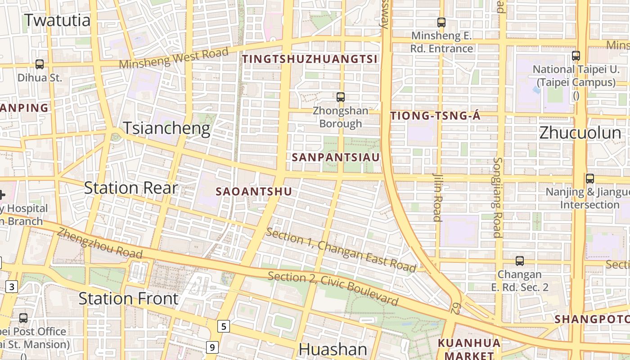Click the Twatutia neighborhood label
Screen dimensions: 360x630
point(57,20)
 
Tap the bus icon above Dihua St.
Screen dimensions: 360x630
point(40,64)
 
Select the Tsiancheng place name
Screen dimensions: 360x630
point(166,128)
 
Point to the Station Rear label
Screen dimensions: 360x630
point(131,188)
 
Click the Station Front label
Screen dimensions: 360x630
point(129,298)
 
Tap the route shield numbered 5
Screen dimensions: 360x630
point(223,326)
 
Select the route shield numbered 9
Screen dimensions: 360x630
point(212,347)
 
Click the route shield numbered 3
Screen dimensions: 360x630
point(12,287)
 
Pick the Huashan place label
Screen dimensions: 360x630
point(333,350)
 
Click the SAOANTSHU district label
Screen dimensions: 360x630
point(254,192)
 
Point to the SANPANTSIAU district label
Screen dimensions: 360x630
point(336,157)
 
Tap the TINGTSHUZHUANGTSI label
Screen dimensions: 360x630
point(310,59)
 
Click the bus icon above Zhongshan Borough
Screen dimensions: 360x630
point(341,97)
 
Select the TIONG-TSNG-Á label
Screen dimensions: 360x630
point(435,116)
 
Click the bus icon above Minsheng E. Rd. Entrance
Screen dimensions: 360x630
point(441,22)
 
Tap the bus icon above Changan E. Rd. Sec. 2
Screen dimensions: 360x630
point(520,261)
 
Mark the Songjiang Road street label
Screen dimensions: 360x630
point(497,197)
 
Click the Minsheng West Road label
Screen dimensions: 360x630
point(174,58)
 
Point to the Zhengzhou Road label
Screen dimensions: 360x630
point(100,243)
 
